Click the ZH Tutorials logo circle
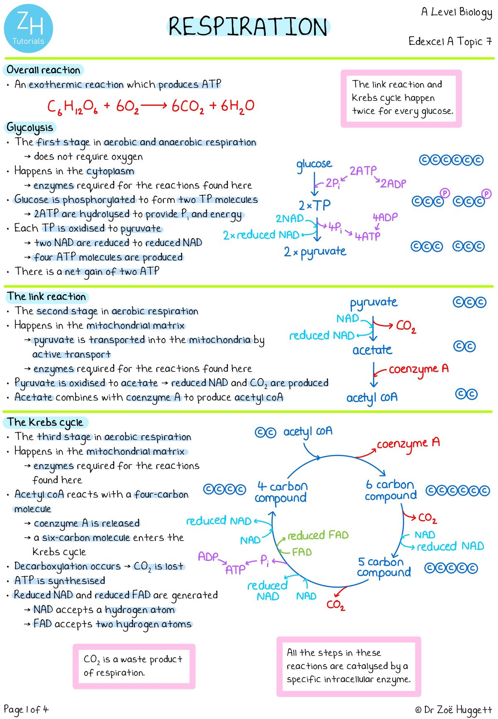pos(29,29)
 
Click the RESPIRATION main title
pos(248,27)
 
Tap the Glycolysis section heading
pos(30,127)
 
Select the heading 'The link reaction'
pos(46,297)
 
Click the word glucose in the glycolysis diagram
pos(314,164)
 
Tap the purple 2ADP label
pos(393,183)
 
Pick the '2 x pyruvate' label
pos(315,252)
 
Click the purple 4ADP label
pos(385,217)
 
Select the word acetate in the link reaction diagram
pos(372,350)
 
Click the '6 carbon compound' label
pos(391,490)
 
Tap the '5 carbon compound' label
pos(384,567)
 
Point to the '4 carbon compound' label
pos(281,492)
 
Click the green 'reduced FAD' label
pos(318,535)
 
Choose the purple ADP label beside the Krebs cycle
pos(208,556)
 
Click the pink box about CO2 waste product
pos(134,666)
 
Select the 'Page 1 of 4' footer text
pos(26,709)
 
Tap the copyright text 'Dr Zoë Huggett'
pos(453,710)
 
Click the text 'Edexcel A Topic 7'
pos(450,41)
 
